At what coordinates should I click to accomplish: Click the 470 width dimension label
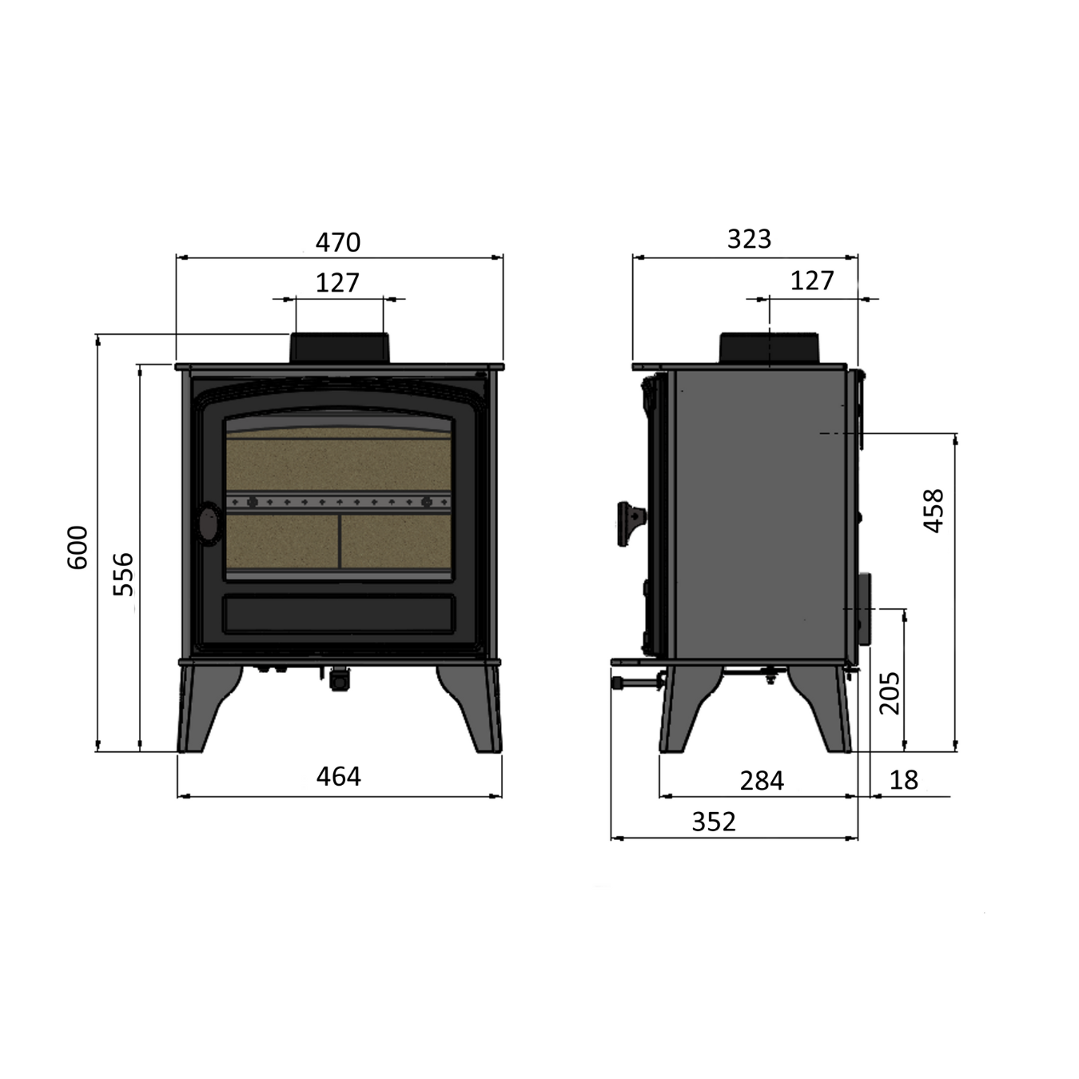point(337,242)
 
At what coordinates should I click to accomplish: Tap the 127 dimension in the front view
point(337,283)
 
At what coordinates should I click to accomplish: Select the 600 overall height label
point(78,547)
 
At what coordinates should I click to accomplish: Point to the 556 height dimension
point(123,575)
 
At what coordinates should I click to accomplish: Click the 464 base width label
point(339,777)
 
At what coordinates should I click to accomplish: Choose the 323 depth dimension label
point(749,239)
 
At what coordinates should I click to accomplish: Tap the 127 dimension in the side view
point(812,281)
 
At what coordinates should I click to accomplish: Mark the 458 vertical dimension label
point(934,512)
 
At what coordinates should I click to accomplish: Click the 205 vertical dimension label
point(890,693)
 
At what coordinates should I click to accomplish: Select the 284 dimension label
point(762,781)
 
